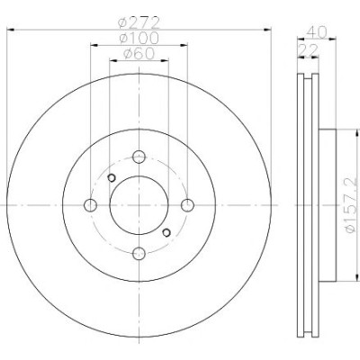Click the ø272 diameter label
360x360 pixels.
click(139, 22)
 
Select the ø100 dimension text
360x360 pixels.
click(139, 38)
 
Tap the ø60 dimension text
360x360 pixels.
click(139, 53)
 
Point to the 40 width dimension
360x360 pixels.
click(316, 31)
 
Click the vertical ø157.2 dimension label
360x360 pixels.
click(352, 205)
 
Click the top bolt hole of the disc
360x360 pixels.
click(139, 157)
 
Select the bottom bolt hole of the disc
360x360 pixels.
click(139, 254)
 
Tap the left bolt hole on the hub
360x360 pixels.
click(90, 205)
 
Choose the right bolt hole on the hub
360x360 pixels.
click(188, 205)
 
